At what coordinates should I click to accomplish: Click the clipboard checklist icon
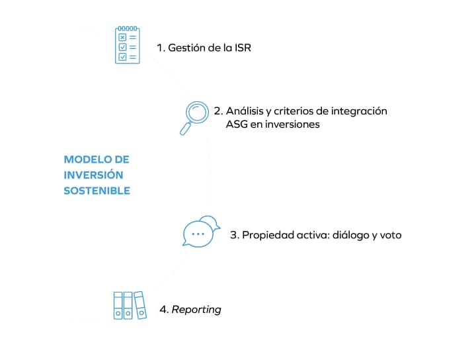coord(128,45)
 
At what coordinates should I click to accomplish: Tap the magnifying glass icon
coord(194,116)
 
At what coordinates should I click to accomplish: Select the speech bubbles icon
coord(200,232)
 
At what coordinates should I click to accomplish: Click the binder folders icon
coord(128,305)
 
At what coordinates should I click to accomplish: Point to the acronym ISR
coord(242,48)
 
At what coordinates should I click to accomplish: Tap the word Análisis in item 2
coord(246,111)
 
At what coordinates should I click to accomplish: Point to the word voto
coord(389,235)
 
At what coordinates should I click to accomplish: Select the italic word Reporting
coord(196,310)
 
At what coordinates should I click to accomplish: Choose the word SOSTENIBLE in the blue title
coord(97,191)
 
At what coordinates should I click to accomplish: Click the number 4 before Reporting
coord(163,310)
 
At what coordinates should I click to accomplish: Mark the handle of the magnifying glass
coord(184,129)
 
